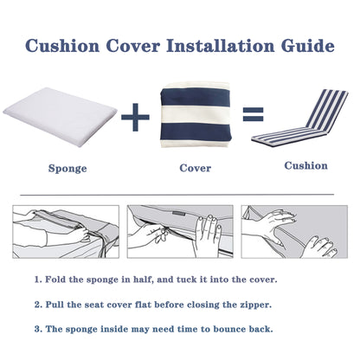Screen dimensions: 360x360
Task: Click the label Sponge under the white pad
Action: tap(66, 168)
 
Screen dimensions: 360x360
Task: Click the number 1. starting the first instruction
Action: tap(39, 281)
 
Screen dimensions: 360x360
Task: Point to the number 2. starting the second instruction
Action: tap(39, 305)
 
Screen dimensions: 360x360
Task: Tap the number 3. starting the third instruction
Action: tap(39, 330)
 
